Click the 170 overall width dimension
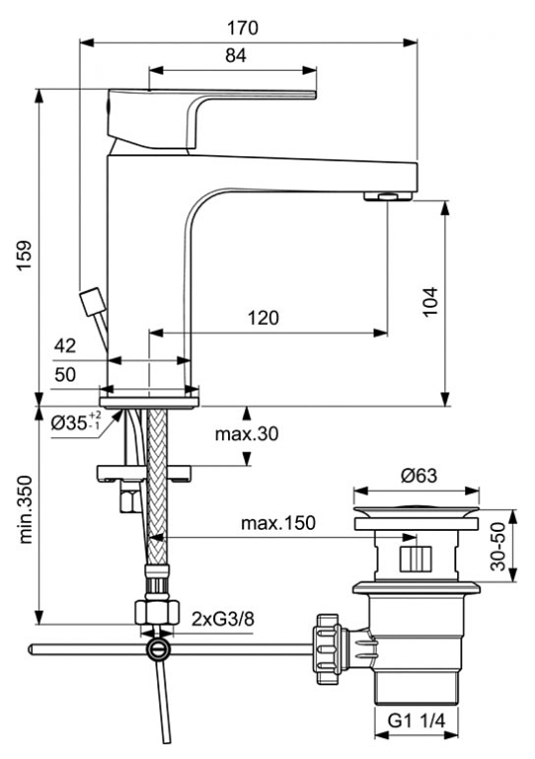click(242, 28)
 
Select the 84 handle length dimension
click(236, 56)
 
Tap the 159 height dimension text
click(24, 255)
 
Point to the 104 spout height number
click(430, 302)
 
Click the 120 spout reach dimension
click(263, 318)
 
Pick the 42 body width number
click(65, 346)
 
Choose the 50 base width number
click(65, 375)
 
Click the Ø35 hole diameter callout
click(76, 422)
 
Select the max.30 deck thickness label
click(247, 433)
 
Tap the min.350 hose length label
click(25, 510)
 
